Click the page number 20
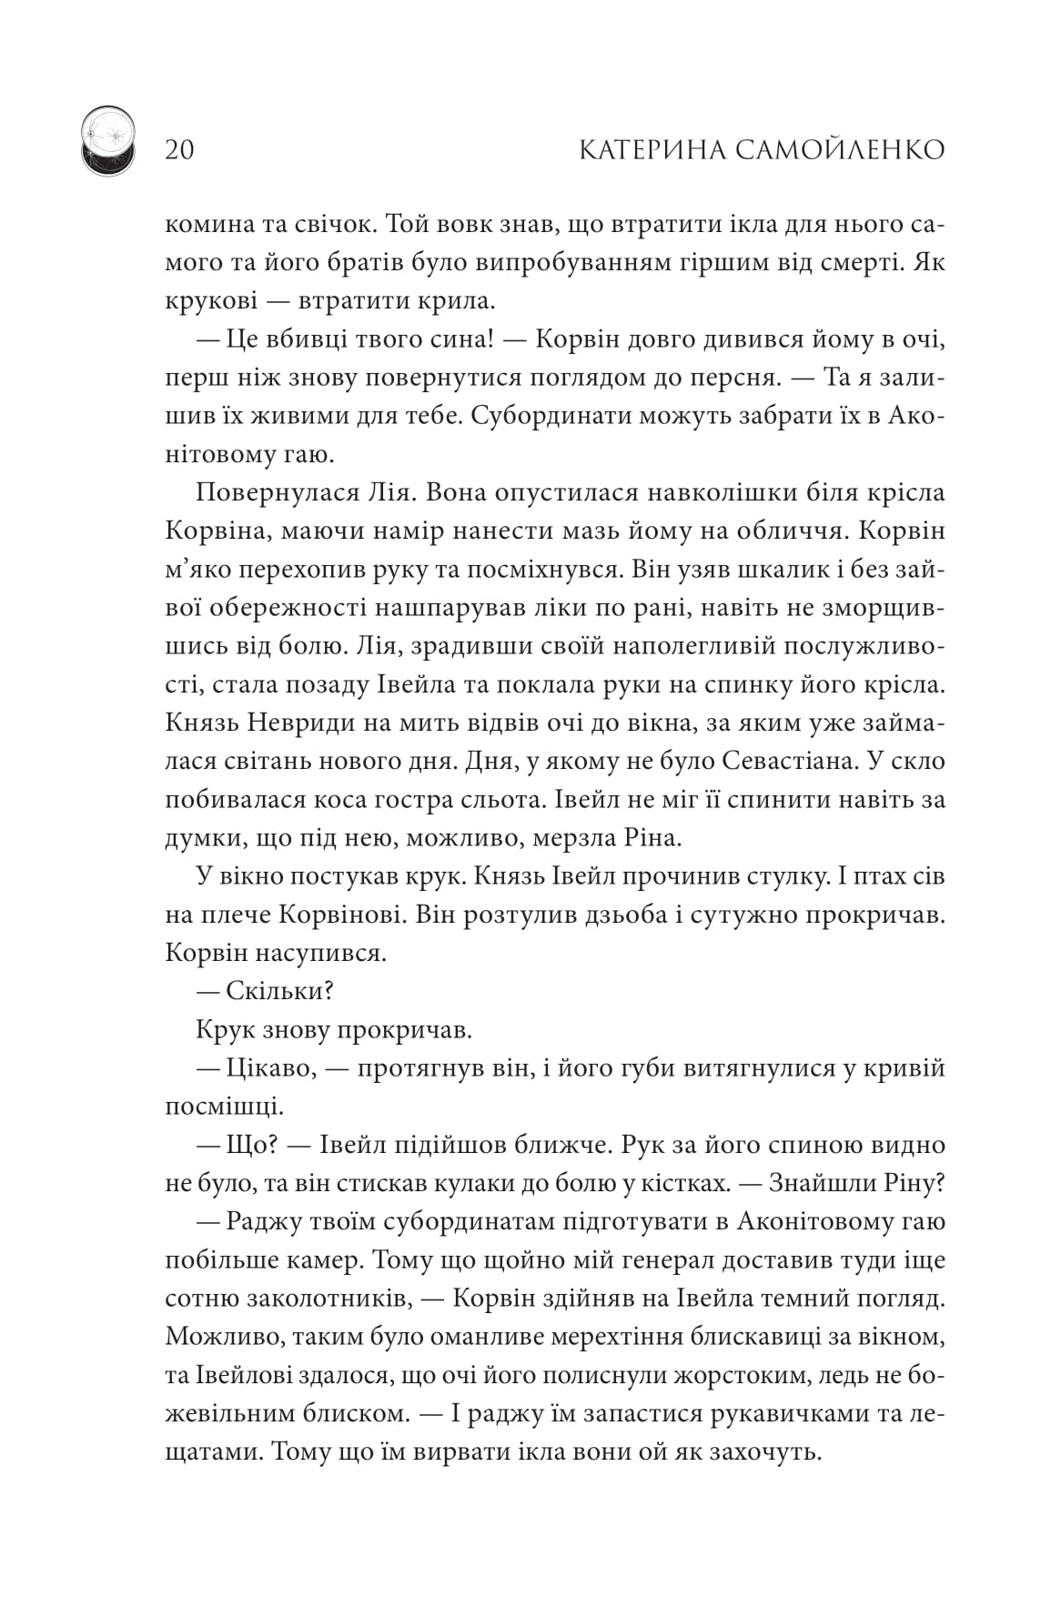coord(180,149)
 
